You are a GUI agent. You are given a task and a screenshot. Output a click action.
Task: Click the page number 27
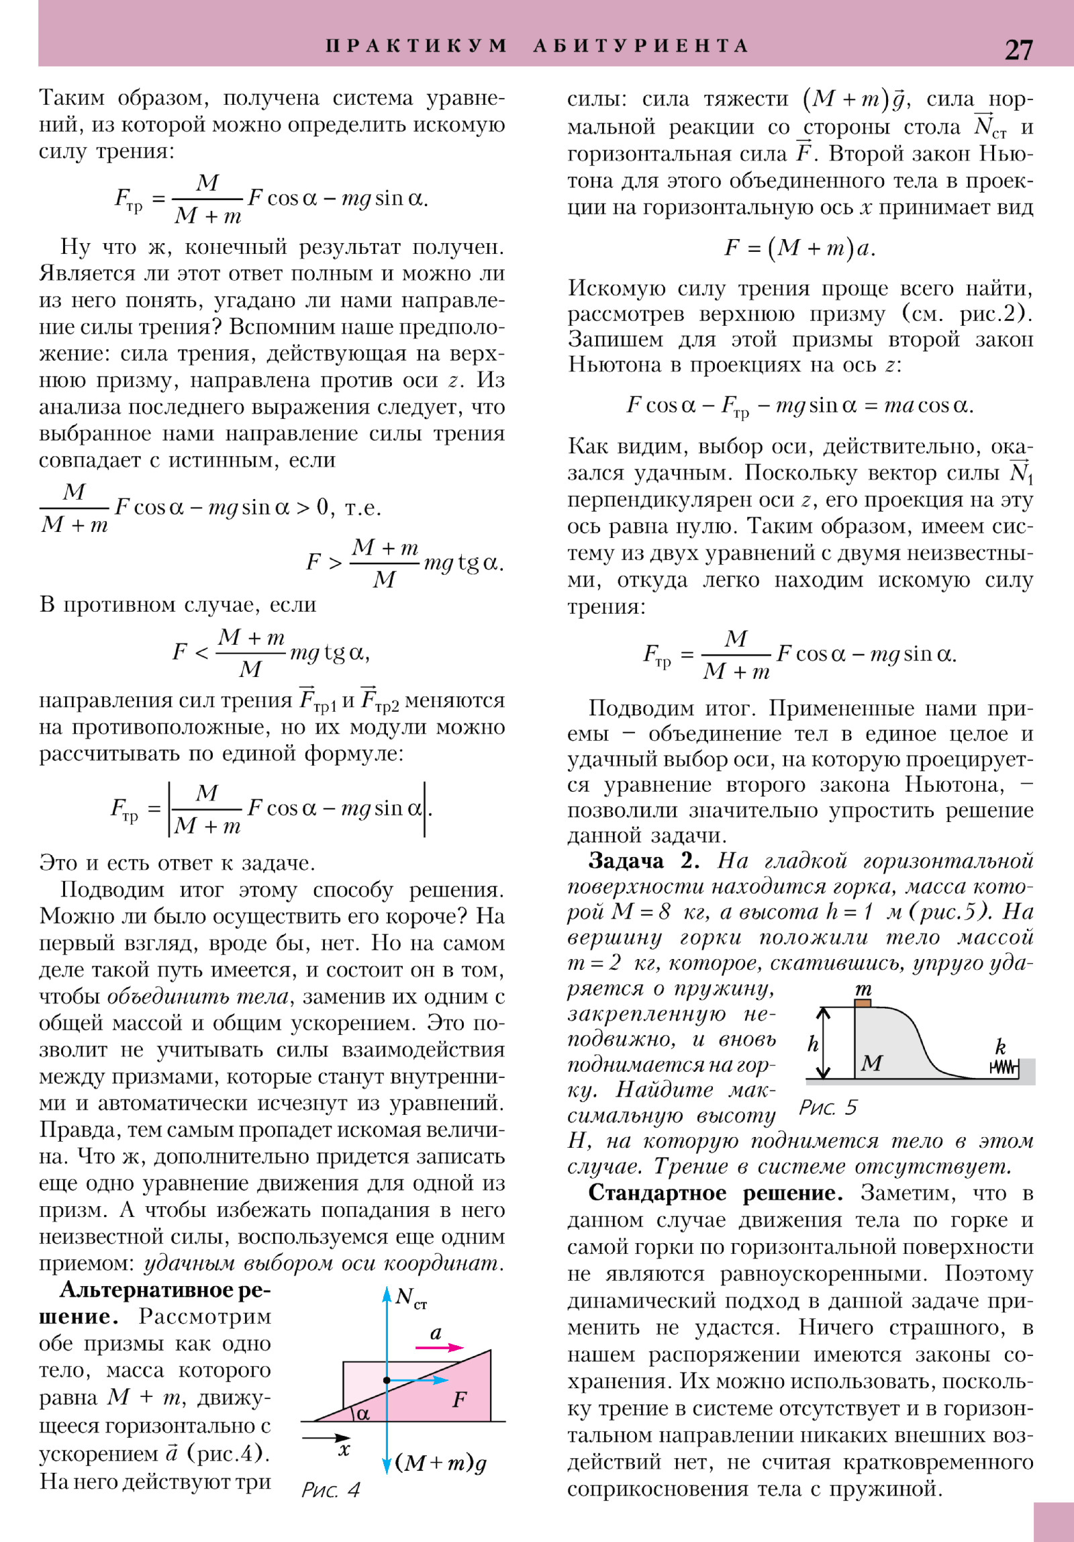1018,50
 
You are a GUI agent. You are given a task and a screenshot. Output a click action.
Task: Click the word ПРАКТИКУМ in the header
416,46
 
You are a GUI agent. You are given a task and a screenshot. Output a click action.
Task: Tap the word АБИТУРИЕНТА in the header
640,46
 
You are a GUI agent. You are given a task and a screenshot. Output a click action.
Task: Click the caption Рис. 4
330,1490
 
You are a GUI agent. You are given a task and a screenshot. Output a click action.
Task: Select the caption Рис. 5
828,1107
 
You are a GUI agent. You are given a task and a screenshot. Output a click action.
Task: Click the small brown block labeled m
863,1003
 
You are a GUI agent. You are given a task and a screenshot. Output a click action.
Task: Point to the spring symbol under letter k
1004,1067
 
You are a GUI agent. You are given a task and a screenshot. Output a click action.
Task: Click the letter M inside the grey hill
871,1062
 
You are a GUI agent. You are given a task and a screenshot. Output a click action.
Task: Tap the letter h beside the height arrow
813,1044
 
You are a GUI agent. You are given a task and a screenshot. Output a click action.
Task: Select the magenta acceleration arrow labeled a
439,1347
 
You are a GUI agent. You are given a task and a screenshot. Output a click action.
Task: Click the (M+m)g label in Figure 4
441,1462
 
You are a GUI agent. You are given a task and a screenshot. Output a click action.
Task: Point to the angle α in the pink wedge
362,1413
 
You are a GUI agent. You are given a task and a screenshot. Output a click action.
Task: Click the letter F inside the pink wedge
459,1399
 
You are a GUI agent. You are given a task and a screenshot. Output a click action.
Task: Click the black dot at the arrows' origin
387,1380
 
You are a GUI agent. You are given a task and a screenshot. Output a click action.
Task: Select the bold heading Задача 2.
644,860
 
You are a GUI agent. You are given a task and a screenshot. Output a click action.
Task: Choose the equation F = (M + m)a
799,248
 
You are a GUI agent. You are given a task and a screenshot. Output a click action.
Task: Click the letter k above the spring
1000,1046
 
